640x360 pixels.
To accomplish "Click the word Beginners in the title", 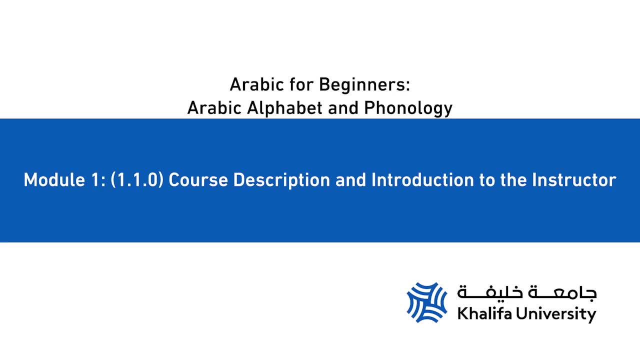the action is click(364, 85).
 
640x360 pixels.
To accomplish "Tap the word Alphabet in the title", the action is click(285, 108).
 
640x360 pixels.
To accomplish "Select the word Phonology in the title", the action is click(408, 108).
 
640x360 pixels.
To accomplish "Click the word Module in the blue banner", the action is click(54, 180).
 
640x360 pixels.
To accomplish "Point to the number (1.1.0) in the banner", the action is click(137, 180).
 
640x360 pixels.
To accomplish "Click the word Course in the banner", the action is click(198, 180).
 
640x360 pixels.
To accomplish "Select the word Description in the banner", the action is click(281, 180).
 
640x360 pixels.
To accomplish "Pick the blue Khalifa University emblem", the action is click(427, 302).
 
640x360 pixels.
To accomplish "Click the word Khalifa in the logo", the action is click(485, 313).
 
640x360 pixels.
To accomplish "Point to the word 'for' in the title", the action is click(301, 85).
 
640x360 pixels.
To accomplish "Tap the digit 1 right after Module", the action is click(96, 180).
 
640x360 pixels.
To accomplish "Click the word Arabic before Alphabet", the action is click(214, 108).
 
